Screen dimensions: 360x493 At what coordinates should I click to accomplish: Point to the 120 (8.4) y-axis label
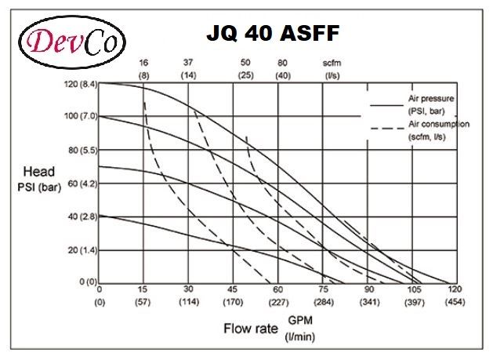pos(78,82)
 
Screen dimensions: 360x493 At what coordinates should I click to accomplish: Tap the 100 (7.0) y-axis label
pos(78,116)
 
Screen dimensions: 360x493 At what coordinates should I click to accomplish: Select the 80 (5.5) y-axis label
pos(81,150)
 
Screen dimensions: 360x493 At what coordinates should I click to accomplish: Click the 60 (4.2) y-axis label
pos(81,184)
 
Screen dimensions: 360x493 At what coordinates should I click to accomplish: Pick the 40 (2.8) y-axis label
pos(81,216)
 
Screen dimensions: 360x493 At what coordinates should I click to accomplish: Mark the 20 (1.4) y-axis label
pos(81,250)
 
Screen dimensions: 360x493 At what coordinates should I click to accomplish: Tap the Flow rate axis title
pos(251,328)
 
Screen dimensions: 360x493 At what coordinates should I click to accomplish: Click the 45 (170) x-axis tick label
pos(232,294)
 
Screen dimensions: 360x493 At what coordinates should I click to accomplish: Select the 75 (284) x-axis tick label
pos(323,294)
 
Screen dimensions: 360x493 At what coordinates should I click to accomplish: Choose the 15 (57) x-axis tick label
pos(143,294)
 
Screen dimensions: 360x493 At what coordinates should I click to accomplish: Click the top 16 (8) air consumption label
pos(143,68)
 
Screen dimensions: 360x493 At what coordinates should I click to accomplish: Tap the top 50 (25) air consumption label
pos(246,68)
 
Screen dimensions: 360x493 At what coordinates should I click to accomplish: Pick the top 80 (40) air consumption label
pos(283,68)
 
